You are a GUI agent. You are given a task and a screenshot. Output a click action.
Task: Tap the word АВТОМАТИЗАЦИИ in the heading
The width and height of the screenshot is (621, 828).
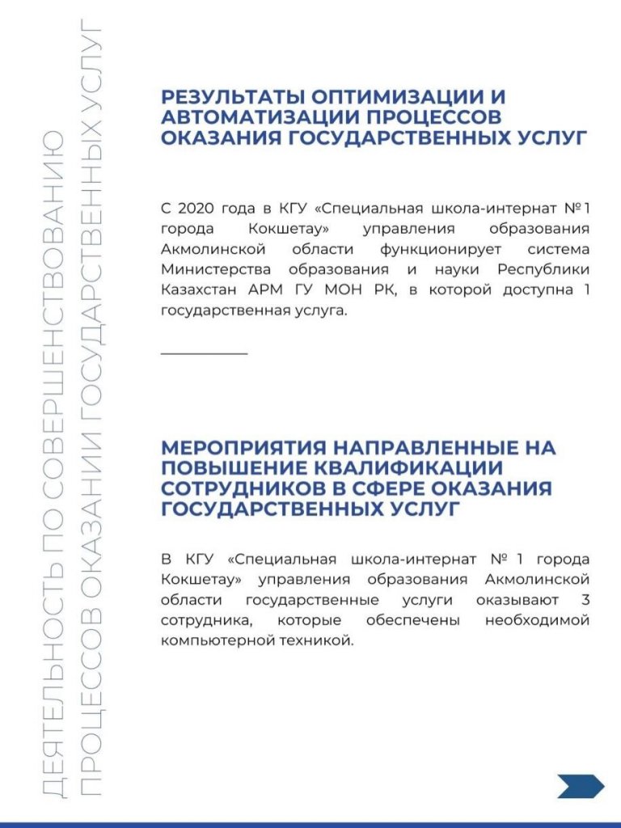click(x=260, y=118)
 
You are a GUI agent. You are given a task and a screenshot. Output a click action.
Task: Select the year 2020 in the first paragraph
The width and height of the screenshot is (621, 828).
click(x=194, y=209)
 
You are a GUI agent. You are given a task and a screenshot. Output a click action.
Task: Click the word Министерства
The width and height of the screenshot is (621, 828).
click(x=209, y=268)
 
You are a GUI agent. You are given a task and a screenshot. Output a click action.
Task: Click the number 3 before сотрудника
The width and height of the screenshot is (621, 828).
click(x=585, y=601)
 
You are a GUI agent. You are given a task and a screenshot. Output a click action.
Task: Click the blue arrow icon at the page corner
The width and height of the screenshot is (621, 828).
click(x=580, y=785)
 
